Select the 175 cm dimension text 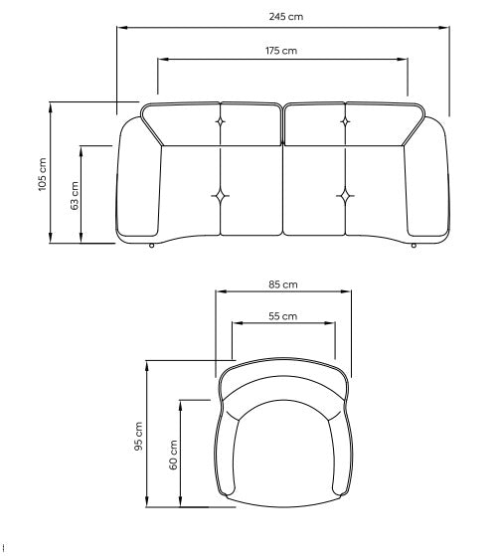pyautogui.click(x=281, y=50)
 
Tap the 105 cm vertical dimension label pyautogui.click(x=42, y=173)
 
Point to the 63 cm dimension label pyautogui.click(x=74, y=195)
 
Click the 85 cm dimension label pyautogui.click(x=283, y=284)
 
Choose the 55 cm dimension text pyautogui.click(x=283, y=316)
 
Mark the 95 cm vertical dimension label pyautogui.click(x=138, y=437)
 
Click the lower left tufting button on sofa pyautogui.click(x=220, y=194)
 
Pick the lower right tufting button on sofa pyautogui.click(x=345, y=194)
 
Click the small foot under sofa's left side pyautogui.click(x=150, y=245)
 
